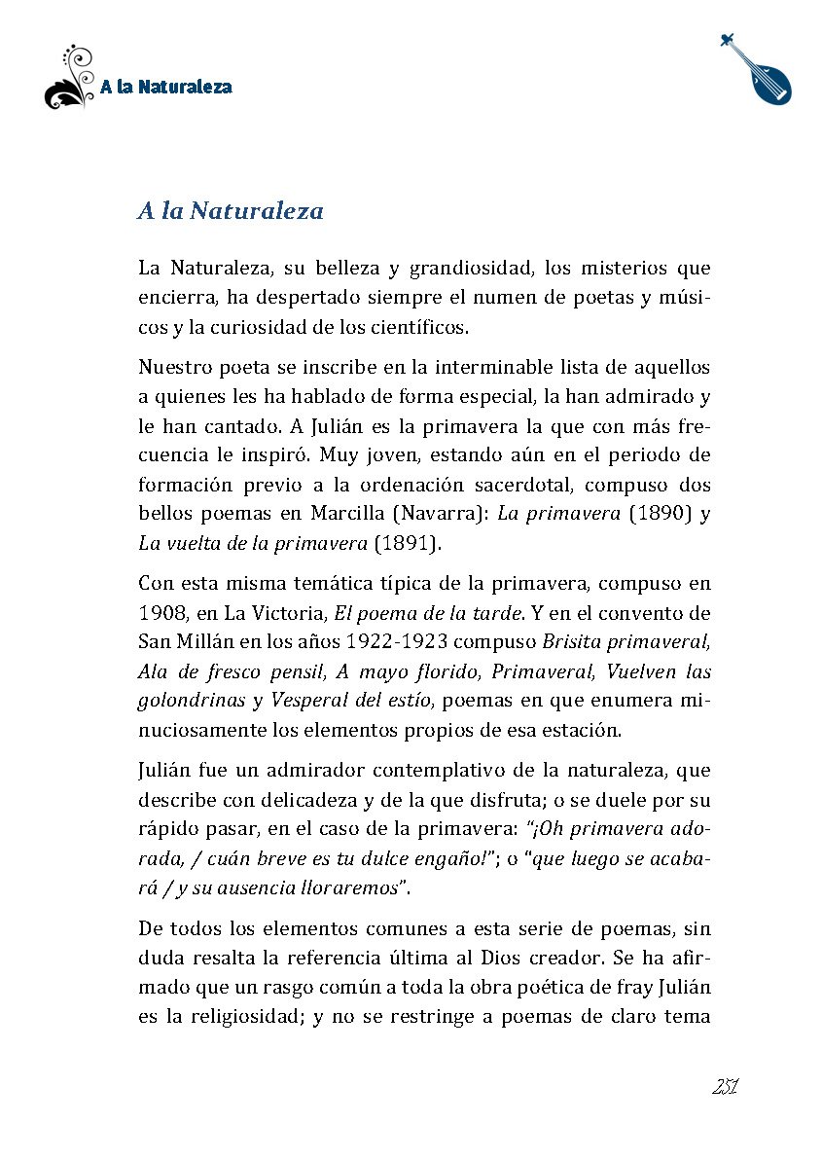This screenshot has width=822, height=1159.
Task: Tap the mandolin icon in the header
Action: [x=760, y=69]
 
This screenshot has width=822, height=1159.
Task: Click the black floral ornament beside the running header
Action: [x=69, y=79]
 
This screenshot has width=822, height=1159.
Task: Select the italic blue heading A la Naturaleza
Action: [x=231, y=211]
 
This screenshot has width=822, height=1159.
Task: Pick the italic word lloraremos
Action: [x=348, y=887]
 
